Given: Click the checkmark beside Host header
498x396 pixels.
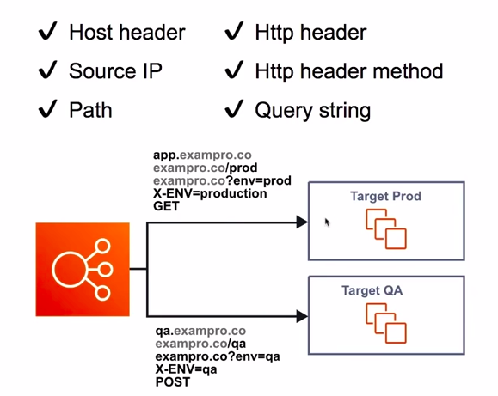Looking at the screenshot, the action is pos(47,31).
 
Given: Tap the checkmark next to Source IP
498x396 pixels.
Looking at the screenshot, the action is pos(47,70).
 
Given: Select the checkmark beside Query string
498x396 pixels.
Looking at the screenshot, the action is pos(234,108).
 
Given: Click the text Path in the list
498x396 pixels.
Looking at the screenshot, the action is pos(90,110).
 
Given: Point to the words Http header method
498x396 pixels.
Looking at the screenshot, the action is pos(349,70).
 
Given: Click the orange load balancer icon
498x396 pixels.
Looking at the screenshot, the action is pos(83,270).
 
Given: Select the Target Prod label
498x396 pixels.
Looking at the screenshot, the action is pos(385,196).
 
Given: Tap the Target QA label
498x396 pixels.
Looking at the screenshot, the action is pos(372,290).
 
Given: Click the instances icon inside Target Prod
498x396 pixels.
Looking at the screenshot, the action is pos(386,228).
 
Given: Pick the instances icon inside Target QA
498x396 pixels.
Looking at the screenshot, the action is pos(386,323).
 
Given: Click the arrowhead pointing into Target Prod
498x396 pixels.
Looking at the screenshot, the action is pos(302,222).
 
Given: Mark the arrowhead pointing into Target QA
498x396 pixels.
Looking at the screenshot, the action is pos(302,316).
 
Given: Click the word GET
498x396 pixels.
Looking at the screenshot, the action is pos(166,206).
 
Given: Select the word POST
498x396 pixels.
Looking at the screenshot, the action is pos(173,382).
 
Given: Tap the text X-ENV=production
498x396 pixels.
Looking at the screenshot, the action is pos(210,193).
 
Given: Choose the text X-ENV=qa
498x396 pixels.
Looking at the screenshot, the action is pos(186,369).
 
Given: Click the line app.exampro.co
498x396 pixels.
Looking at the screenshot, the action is pos(202,155).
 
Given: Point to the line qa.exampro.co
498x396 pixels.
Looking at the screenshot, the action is pos(200,331).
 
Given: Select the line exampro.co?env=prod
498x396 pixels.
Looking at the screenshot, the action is pos(222,181).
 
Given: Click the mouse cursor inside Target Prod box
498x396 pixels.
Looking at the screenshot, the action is pos(328,222).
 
